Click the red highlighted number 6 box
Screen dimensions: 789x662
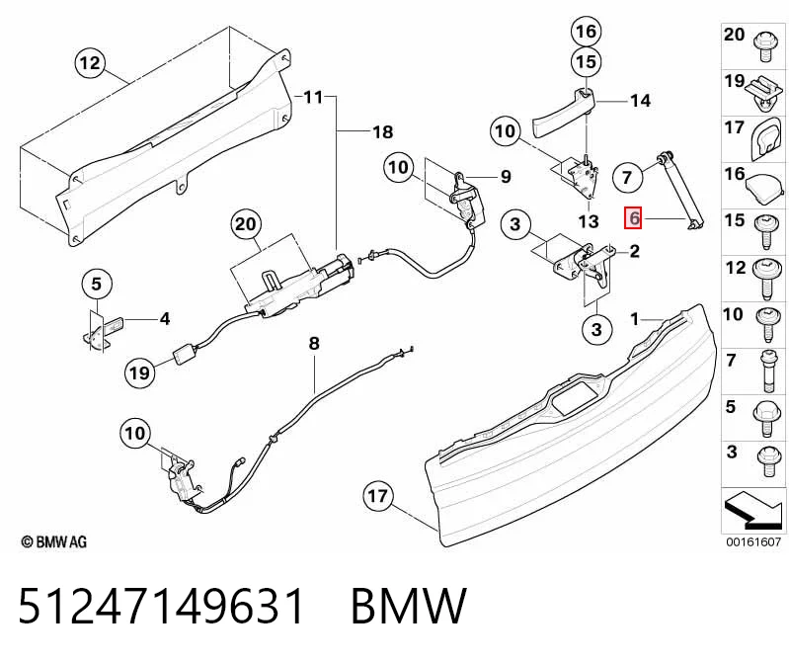(633, 218)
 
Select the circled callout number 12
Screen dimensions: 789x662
(90, 63)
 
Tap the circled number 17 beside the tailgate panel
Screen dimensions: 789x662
(378, 496)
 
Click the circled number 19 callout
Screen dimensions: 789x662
(139, 373)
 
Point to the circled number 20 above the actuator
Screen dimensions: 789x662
(246, 223)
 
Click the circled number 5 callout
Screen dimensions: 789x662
(96, 285)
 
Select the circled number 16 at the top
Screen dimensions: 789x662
(587, 32)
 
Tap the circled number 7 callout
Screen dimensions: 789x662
(627, 177)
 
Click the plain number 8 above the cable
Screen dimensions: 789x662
(314, 343)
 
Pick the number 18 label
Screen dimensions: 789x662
(383, 131)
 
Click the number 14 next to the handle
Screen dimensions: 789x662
(641, 101)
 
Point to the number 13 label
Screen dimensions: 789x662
(589, 221)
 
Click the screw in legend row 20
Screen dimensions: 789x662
(765, 45)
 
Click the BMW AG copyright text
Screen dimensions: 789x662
(54, 541)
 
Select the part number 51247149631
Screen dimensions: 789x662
(162, 606)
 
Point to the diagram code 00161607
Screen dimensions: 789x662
(753, 542)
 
